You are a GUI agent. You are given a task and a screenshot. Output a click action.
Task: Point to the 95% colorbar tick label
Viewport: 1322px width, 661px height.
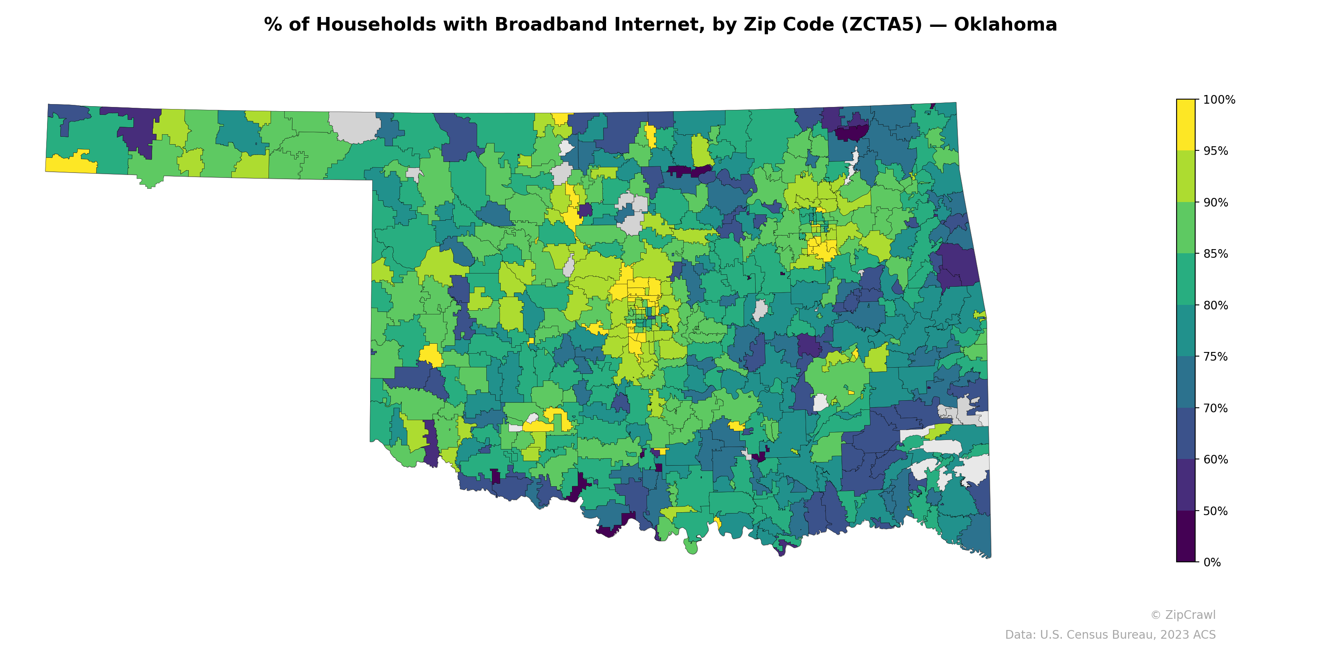tap(1215, 151)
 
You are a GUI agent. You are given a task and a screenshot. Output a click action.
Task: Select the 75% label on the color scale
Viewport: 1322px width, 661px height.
tap(1215, 357)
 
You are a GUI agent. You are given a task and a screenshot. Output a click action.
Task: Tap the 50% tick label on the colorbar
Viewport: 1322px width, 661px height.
tap(1215, 511)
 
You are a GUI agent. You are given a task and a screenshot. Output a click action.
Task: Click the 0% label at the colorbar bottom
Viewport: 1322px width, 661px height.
tap(1212, 562)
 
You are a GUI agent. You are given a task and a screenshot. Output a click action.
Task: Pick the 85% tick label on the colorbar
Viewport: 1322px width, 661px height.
tap(1215, 254)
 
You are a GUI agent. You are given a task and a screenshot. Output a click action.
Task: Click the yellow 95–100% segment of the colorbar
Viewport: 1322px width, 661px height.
tap(1186, 125)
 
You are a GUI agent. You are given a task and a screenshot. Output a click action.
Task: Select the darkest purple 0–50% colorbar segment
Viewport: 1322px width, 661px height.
tap(1186, 536)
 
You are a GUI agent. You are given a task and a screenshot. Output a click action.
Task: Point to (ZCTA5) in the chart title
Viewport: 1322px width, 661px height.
tap(881, 25)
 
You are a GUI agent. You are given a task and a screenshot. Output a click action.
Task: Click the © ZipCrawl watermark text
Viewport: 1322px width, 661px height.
tap(1183, 615)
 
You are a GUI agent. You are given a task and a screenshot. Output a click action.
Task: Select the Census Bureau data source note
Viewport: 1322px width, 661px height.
tap(1110, 635)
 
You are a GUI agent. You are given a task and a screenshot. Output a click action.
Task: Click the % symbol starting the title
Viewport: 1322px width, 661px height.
tap(273, 25)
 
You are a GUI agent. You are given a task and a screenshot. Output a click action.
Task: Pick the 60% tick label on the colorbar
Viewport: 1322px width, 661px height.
tap(1215, 460)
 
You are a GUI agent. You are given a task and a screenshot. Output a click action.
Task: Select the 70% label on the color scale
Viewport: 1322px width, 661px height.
tap(1215, 409)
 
